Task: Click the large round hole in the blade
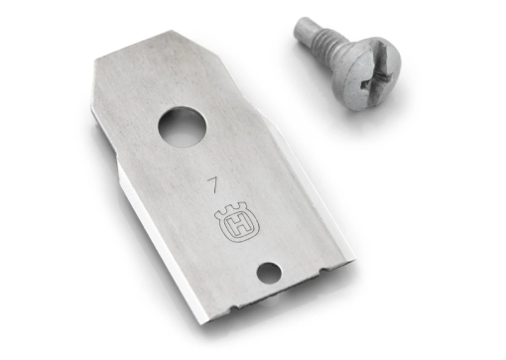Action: click(182, 127)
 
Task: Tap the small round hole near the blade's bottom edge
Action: click(269, 273)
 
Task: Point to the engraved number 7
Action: click(213, 184)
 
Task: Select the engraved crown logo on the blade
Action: click(237, 221)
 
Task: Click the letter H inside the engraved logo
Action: click(238, 226)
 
